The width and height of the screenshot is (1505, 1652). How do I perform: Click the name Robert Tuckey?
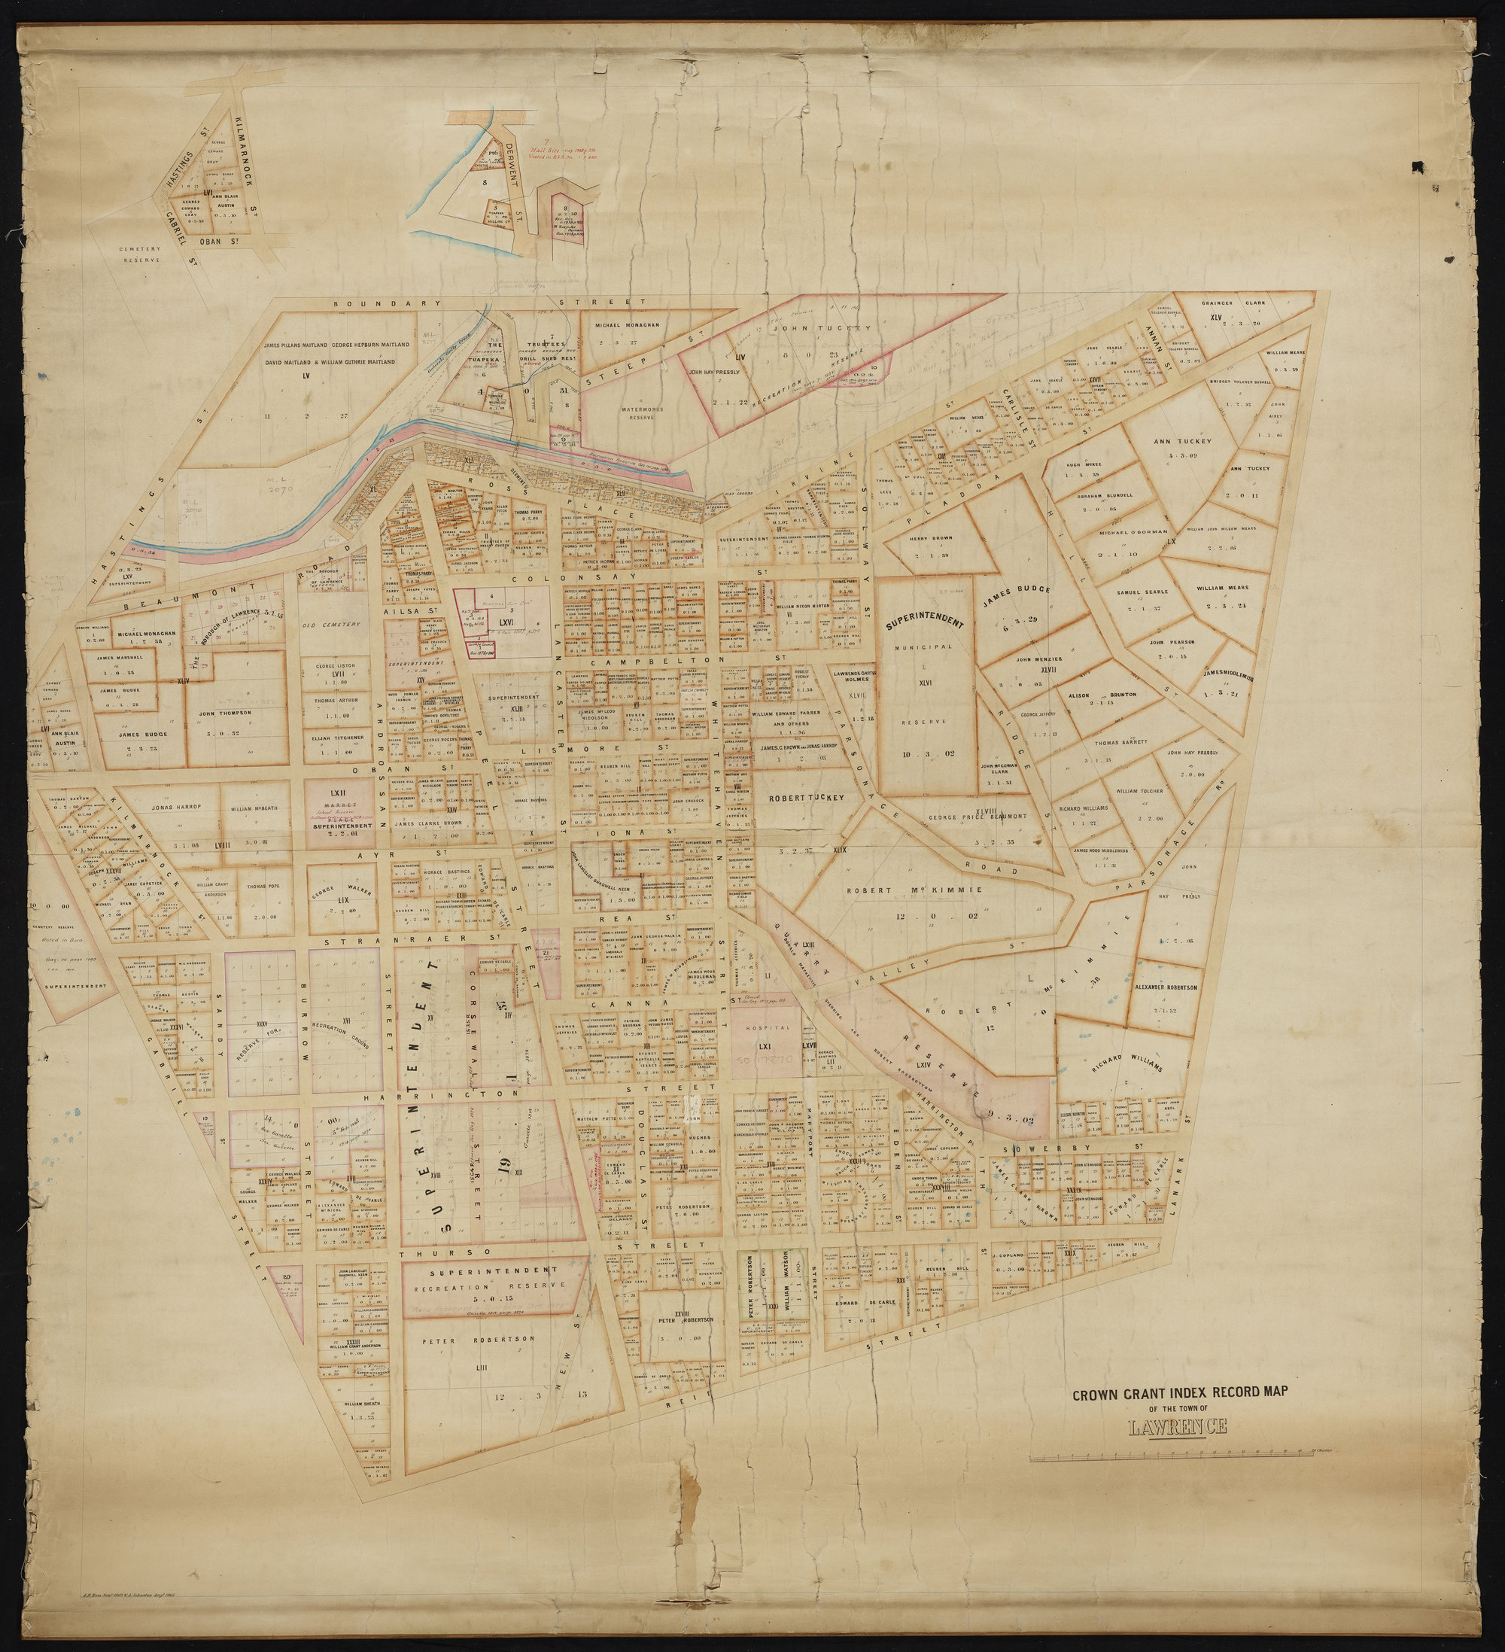coord(805,796)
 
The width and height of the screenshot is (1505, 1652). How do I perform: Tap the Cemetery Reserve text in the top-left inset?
coord(137,254)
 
